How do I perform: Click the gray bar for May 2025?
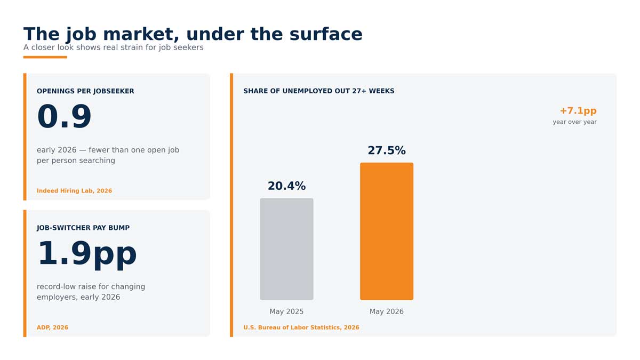[286, 249]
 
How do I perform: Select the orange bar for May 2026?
[387, 231]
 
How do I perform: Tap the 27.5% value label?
[387, 150]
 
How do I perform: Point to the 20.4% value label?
[286, 186]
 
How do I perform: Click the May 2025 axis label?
[286, 311]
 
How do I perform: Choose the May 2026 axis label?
[387, 311]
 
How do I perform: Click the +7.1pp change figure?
[578, 111]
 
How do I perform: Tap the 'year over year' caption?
[574, 122]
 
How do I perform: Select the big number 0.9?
[64, 117]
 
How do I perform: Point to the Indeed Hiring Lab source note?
[74, 190]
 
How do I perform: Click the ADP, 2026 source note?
[52, 327]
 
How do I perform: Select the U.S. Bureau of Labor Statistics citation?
[301, 327]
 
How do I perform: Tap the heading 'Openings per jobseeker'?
[85, 91]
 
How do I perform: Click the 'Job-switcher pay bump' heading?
[83, 228]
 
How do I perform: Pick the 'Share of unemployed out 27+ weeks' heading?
[319, 91]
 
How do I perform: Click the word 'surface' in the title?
[326, 34]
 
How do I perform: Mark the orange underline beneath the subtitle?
[45, 57]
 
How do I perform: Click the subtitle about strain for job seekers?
[114, 47]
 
